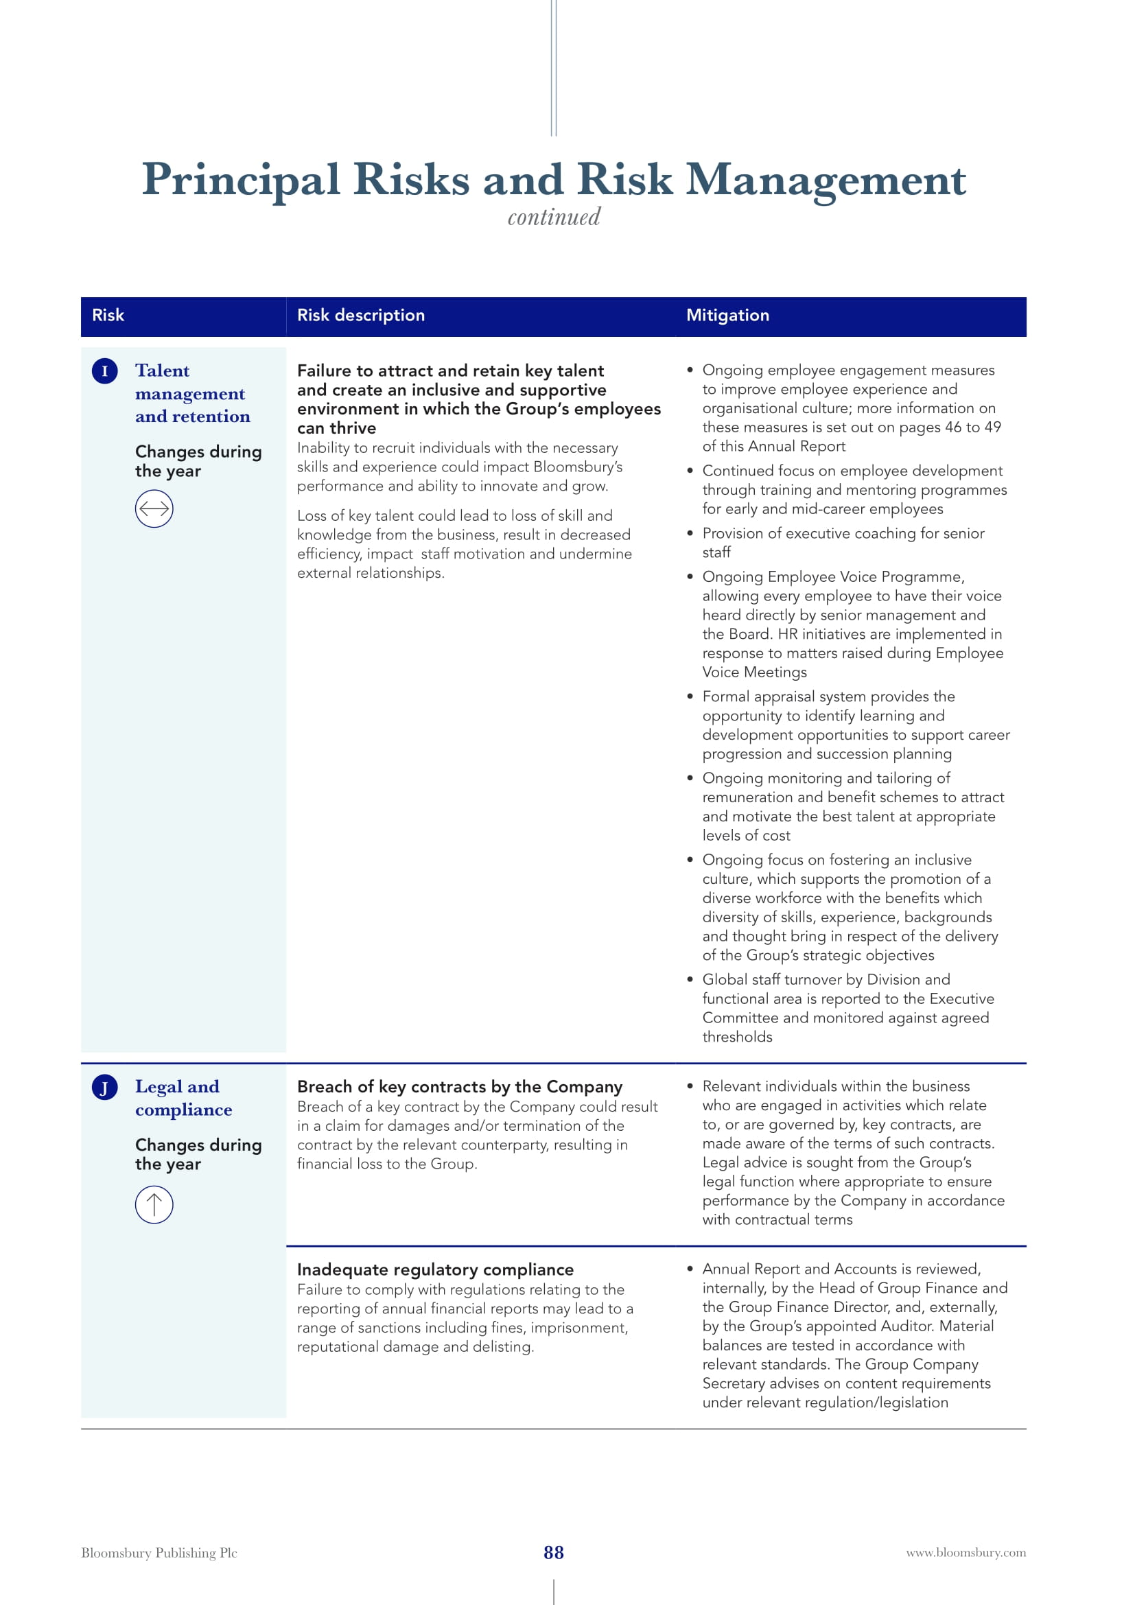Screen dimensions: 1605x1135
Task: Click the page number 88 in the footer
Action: point(554,1552)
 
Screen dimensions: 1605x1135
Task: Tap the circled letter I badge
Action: point(105,371)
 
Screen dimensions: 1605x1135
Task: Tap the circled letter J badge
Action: point(105,1088)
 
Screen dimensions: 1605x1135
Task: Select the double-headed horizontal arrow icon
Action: point(154,508)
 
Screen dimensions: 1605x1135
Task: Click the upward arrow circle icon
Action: point(154,1204)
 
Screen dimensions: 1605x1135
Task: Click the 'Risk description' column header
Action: point(361,315)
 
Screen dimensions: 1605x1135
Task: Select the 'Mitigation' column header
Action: point(727,315)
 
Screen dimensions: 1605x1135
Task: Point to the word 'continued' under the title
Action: point(554,217)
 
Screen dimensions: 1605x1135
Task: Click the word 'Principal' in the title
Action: point(241,180)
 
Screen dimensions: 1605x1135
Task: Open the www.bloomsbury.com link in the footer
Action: point(966,1553)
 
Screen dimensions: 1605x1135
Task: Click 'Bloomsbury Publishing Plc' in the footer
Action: point(159,1553)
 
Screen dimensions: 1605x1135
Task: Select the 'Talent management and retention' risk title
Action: point(191,393)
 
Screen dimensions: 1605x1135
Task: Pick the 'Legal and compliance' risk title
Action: point(183,1097)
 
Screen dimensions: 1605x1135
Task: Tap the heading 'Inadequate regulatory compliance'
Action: point(434,1269)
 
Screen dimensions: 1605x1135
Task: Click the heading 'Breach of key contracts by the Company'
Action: point(459,1086)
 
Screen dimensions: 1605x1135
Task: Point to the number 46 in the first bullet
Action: point(952,427)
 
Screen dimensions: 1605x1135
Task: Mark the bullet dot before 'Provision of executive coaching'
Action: point(690,533)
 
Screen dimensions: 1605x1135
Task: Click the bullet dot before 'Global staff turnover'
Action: point(690,979)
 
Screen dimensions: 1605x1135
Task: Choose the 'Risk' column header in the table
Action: point(108,315)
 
